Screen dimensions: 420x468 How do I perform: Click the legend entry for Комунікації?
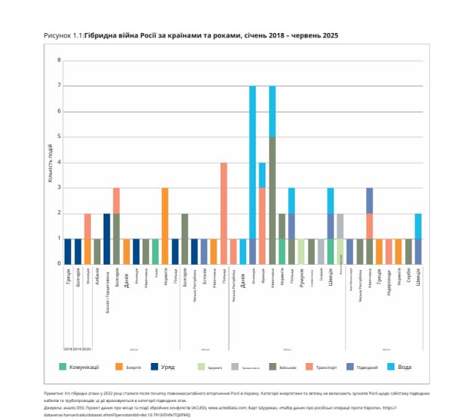[84, 367]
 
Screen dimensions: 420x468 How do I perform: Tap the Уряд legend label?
[177, 367]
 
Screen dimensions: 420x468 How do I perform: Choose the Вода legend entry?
[403, 367]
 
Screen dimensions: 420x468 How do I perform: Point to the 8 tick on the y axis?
[59, 60]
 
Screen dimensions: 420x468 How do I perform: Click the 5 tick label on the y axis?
[59, 137]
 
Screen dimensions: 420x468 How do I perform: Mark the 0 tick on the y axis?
[59, 263]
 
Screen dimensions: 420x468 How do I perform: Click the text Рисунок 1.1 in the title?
[63, 35]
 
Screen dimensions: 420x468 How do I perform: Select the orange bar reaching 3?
[165, 225]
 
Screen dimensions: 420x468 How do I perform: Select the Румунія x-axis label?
[301, 278]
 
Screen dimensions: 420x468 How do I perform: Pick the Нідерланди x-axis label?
[389, 281]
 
